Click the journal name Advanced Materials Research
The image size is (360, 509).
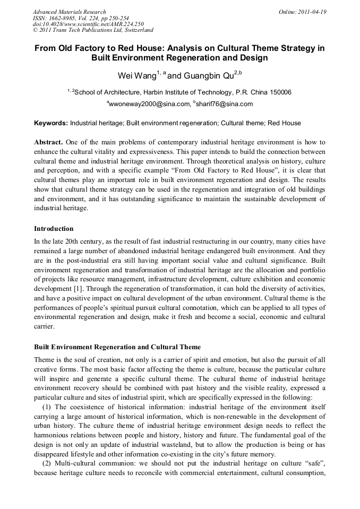(69, 12)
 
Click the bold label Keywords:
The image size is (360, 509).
(51, 123)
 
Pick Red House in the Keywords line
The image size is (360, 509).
(284, 123)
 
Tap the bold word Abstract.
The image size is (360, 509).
(48, 142)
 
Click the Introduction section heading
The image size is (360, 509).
(54, 229)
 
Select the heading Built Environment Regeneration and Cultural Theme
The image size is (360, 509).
(117, 347)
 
